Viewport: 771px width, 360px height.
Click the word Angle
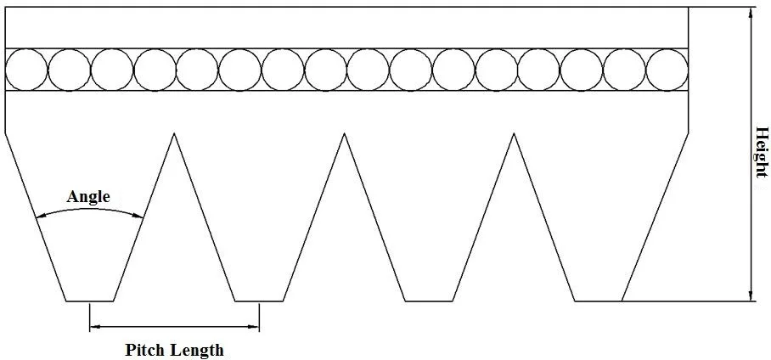click(88, 197)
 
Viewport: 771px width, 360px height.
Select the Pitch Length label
click(174, 350)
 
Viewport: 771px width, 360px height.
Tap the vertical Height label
click(762, 153)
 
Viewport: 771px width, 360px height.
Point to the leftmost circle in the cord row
click(26, 70)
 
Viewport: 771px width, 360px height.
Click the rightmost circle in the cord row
click(667, 70)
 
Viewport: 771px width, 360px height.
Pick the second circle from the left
click(70, 70)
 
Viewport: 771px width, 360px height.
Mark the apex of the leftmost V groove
click(174, 133)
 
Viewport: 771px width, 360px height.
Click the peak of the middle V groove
click(344, 133)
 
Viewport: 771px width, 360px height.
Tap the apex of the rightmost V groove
click(514, 133)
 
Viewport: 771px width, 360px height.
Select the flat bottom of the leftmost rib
click(90, 301)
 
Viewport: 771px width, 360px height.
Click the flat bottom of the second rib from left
click(259, 301)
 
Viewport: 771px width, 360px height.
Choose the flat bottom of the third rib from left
click(429, 301)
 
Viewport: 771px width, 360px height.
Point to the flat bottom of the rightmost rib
click(598, 301)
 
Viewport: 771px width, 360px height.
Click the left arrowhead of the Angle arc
click(39, 217)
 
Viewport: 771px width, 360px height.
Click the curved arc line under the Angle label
click(89, 210)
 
